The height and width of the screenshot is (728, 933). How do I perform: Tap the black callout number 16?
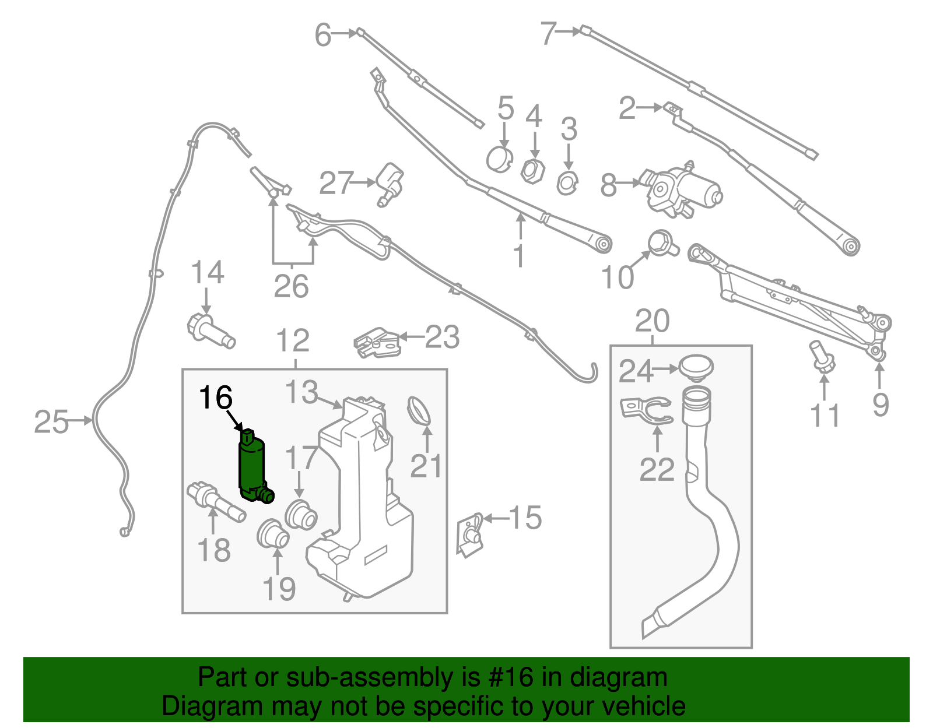215,398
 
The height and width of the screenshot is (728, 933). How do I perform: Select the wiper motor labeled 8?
683,189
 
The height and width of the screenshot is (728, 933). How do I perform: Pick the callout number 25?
51,421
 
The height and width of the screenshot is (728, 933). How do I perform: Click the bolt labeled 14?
211,331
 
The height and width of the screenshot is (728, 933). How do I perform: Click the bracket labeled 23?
377,342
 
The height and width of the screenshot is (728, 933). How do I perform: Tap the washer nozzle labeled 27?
390,183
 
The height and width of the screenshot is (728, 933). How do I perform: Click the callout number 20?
652,321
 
